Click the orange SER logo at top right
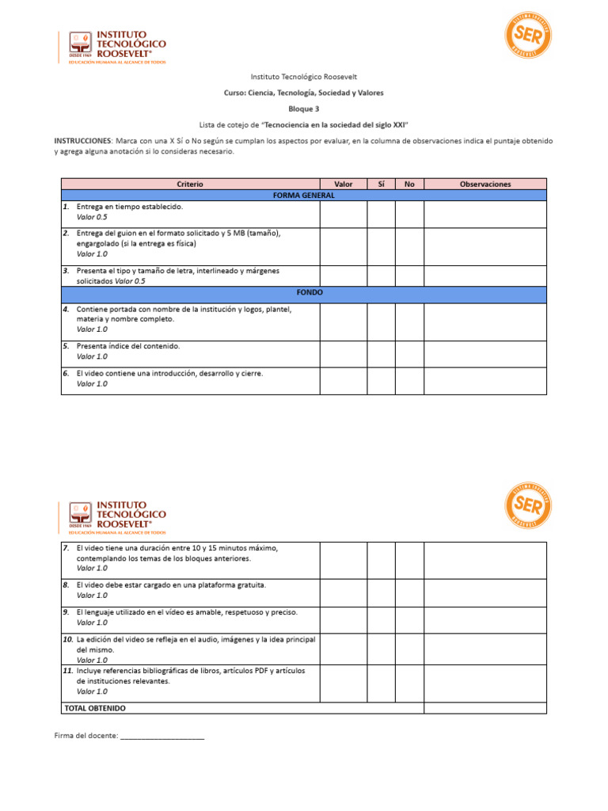[527, 35]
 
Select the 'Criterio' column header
[190, 184]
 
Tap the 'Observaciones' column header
[484, 184]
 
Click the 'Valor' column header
[344, 184]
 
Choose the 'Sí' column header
[381, 184]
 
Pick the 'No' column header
[409, 184]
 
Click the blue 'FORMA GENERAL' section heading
[303, 195]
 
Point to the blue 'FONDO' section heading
[303, 292]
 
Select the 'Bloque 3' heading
[304, 109]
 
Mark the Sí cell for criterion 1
[381, 213]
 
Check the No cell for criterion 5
[409, 354]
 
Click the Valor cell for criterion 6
[344, 380]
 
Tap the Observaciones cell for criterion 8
[484, 592]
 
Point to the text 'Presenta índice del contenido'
[128, 346]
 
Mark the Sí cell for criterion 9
[381, 619]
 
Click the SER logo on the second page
[527, 506]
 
